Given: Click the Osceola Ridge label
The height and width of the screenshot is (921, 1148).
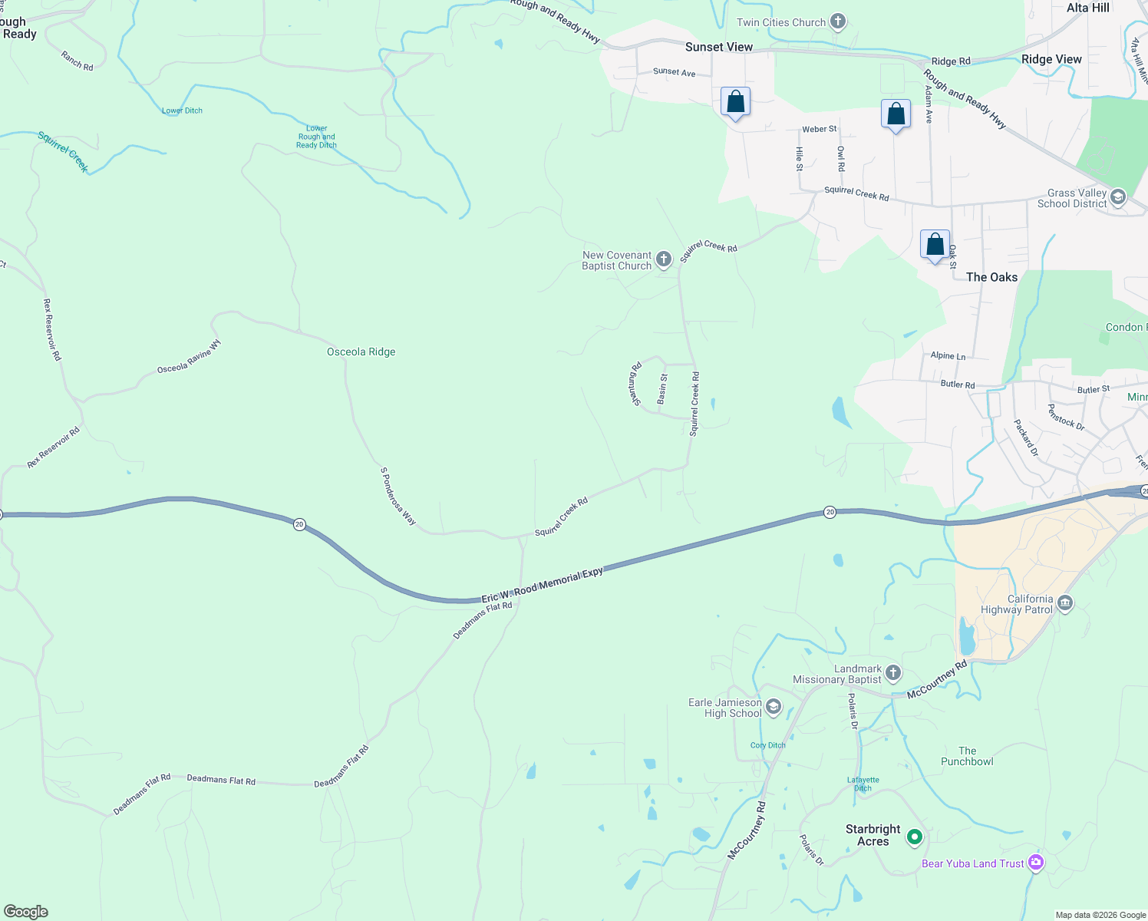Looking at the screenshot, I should [x=361, y=352].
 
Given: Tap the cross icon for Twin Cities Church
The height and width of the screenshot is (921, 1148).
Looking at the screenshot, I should [x=838, y=21].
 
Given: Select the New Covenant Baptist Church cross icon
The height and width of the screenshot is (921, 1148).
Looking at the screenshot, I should [x=664, y=259].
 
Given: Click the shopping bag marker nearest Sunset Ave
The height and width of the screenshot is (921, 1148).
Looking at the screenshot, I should [x=735, y=102].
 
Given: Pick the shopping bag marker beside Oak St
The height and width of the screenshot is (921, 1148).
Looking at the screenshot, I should [x=935, y=245].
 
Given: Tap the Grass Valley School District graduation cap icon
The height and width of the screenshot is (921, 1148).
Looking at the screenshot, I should [x=1118, y=197].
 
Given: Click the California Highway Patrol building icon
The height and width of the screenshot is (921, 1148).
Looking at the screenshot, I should [x=1065, y=603].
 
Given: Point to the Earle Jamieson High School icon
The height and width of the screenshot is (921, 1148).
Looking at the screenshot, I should [x=774, y=707].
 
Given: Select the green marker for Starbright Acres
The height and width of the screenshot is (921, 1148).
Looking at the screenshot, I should [x=914, y=837].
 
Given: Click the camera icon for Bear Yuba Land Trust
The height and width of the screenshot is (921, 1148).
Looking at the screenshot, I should [x=1036, y=863].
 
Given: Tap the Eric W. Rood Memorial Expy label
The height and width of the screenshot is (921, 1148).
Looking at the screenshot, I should [x=542, y=586].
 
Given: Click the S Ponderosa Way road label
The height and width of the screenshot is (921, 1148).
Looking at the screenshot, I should [x=398, y=497].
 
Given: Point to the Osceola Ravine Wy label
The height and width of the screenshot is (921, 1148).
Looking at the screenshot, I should [x=189, y=357].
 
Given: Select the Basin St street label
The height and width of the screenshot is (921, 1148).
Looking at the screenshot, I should [x=662, y=388].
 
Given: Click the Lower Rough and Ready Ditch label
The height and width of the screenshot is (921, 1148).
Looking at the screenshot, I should [x=316, y=137].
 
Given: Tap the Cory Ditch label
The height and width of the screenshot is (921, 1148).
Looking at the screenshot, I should [x=767, y=745].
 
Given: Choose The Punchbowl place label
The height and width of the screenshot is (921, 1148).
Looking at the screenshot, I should [x=967, y=756].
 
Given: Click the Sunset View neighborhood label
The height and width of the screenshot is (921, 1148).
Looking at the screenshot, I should [x=719, y=47].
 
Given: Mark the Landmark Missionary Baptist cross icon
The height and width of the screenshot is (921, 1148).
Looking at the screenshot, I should [x=892, y=673].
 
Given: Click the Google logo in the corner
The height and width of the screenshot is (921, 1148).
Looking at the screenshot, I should [x=25, y=911].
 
